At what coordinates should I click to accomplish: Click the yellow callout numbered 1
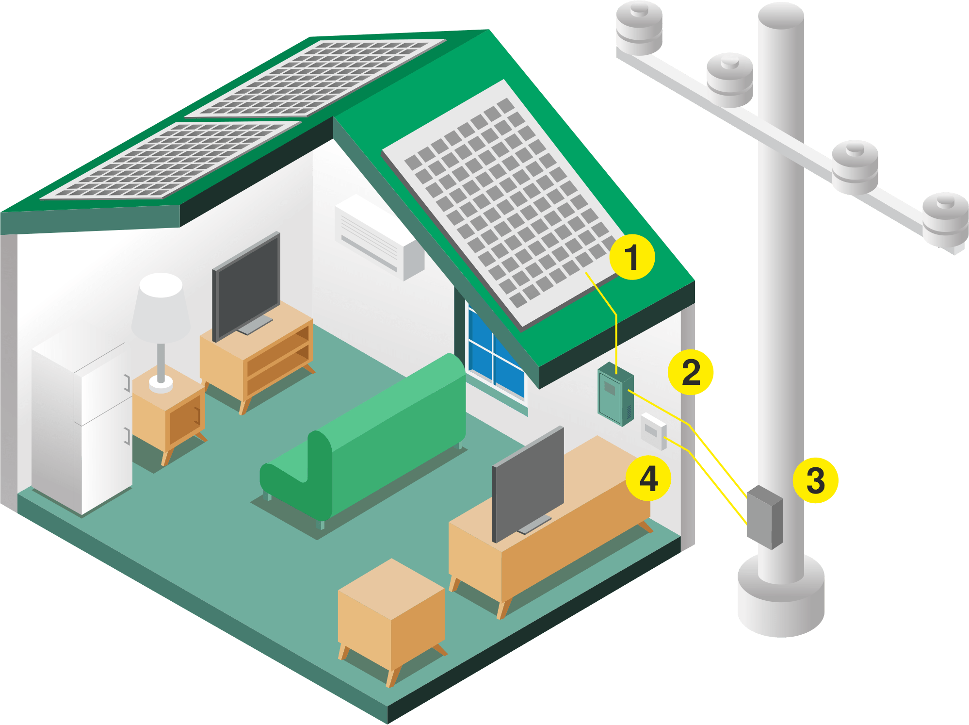631,257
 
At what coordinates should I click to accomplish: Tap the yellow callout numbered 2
691,372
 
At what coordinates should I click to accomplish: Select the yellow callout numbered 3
815,480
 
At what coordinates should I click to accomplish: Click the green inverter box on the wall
615,394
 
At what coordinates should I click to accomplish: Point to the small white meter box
653,431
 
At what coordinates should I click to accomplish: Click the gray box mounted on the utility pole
764,517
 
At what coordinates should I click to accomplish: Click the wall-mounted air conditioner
378,238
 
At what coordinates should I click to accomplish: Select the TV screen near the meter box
528,483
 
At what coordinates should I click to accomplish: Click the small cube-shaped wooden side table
391,616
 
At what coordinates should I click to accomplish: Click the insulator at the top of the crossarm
639,29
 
